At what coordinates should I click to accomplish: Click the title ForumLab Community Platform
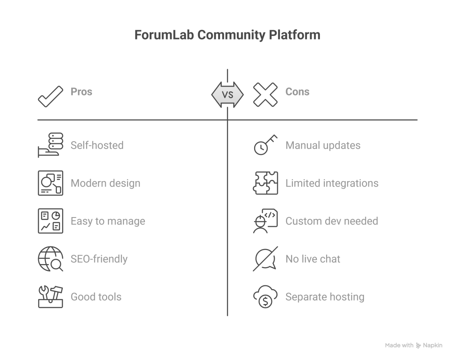(227, 35)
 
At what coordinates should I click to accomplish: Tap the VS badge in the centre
(227, 95)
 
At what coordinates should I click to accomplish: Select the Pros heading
(81, 92)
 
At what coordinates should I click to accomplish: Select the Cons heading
(297, 92)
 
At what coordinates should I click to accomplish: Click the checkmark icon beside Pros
(51, 95)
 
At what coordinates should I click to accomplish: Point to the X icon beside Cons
(265, 95)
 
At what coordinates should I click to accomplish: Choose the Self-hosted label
(97, 145)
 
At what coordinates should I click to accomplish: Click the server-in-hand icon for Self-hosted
(50, 145)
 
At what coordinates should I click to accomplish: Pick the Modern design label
(105, 183)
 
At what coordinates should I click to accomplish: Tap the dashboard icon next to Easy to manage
(50, 221)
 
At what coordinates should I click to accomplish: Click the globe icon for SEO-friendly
(50, 259)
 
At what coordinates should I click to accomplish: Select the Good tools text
(96, 297)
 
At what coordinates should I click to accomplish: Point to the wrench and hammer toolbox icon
(50, 297)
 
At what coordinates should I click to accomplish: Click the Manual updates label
(323, 145)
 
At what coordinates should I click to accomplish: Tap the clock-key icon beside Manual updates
(265, 145)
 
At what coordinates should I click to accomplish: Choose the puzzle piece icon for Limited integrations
(265, 183)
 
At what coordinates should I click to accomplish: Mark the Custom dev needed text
(331, 221)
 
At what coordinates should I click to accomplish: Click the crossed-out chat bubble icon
(265, 259)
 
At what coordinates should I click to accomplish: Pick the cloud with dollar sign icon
(265, 297)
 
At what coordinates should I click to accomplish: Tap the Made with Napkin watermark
(414, 345)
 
